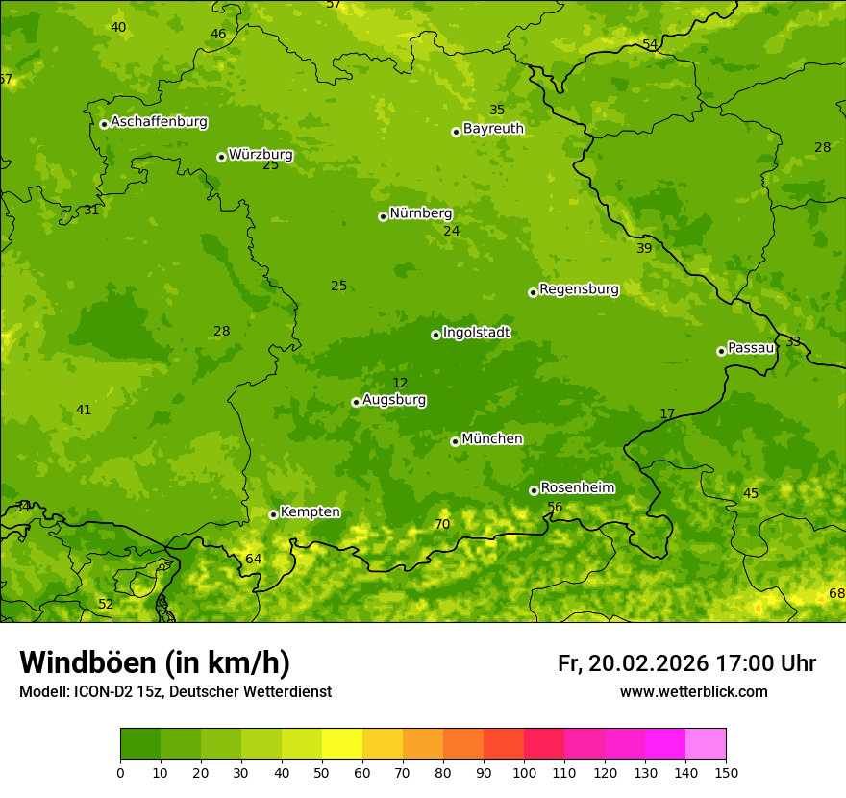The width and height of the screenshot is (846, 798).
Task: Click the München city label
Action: click(x=492, y=439)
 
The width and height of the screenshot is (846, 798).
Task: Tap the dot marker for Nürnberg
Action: click(x=383, y=216)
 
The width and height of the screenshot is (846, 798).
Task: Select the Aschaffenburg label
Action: click(x=159, y=122)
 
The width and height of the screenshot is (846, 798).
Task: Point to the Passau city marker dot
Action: click(x=721, y=351)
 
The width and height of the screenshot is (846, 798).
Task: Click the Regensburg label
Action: click(x=579, y=289)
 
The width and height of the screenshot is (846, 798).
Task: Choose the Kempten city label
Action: click(x=310, y=512)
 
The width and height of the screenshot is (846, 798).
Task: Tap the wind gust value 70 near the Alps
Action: click(x=442, y=525)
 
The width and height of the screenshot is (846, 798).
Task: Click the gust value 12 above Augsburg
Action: click(x=400, y=384)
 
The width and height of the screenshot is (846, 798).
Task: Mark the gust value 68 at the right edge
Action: click(x=836, y=594)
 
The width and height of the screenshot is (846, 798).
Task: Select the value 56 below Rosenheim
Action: click(x=555, y=508)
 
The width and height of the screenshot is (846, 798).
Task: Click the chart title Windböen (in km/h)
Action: click(x=155, y=662)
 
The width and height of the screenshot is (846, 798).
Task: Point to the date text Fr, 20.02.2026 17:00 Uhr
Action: click(x=686, y=663)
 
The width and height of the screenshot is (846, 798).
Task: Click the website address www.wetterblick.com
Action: click(x=693, y=692)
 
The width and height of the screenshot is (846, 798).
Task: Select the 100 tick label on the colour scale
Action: click(x=524, y=772)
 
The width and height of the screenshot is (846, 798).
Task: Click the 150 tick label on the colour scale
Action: click(x=726, y=772)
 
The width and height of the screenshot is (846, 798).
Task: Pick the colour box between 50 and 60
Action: click(x=342, y=744)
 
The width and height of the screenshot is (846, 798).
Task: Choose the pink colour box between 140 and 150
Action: click(x=706, y=744)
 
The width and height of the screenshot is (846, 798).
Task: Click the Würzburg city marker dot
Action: click(x=221, y=157)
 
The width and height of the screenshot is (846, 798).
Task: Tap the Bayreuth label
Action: click(x=493, y=129)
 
